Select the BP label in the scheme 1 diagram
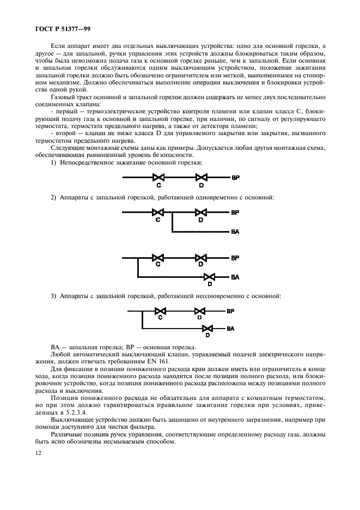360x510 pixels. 235,178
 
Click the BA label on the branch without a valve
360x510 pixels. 235,232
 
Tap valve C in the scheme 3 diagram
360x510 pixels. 160,312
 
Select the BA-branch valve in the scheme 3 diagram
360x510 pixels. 208,329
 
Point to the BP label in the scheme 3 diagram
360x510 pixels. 230,312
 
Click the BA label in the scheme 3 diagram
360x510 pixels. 230,329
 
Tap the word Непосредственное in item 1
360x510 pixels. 90,163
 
